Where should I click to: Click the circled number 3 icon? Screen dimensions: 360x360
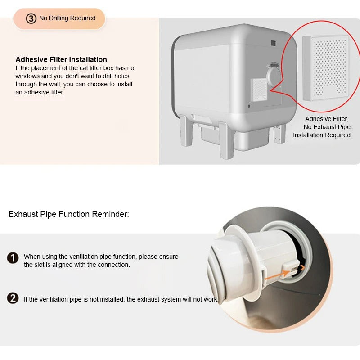[x=31, y=18]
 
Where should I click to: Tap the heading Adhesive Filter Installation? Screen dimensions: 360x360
[x=61, y=59]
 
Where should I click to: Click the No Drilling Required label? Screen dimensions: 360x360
[x=67, y=18]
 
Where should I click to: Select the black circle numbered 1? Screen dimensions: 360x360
[x=13, y=257]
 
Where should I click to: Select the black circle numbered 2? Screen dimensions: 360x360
[x=13, y=298]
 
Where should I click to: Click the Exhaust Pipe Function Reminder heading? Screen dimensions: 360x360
[x=69, y=214]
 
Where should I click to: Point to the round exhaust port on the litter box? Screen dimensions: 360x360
[x=274, y=75]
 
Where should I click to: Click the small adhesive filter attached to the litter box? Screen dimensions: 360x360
[x=259, y=90]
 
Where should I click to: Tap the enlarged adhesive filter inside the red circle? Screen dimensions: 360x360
[x=325, y=68]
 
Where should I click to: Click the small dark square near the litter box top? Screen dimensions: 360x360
[x=273, y=43]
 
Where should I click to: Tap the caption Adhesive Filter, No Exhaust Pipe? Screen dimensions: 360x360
[x=327, y=123]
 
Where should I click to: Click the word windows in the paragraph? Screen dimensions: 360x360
[x=27, y=76]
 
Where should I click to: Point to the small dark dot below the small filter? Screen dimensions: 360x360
[x=249, y=106]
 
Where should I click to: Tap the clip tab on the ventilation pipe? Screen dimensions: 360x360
[x=291, y=268]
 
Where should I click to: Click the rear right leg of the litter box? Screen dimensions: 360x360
[x=279, y=134]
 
